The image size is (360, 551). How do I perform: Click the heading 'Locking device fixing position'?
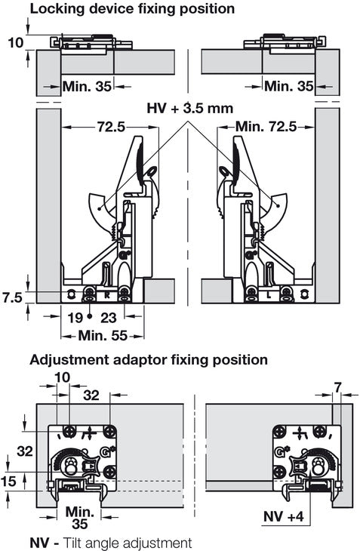[132, 8]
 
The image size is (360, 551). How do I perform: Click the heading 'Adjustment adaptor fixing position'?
[149, 360]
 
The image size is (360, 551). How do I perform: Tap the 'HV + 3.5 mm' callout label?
[189, 108]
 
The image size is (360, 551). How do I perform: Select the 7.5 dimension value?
[12, 298]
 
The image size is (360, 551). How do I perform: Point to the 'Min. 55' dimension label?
[103, 336]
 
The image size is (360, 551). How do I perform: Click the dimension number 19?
[75, 318]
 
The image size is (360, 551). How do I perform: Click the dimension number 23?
[108, 318]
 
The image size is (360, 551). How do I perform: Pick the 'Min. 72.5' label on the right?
[266, 127]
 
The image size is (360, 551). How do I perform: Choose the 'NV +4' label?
[284, 516]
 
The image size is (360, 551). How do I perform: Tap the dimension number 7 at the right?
[337, 388]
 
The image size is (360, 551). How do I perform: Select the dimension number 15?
[8, 481]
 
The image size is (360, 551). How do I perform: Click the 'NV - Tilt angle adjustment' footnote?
[111, 543]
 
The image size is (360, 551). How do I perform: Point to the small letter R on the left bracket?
[107, 296]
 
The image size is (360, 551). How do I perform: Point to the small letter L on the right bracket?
[269, 296]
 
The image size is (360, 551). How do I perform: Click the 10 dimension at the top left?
[15, 43]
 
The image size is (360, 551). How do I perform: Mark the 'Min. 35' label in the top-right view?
[289, 86]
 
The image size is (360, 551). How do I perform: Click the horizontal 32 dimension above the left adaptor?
[91, 396]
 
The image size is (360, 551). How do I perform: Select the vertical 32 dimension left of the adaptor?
[25, 451]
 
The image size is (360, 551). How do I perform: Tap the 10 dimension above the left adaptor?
[63, 377]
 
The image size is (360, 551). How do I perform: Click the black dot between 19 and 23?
[90, 316]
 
